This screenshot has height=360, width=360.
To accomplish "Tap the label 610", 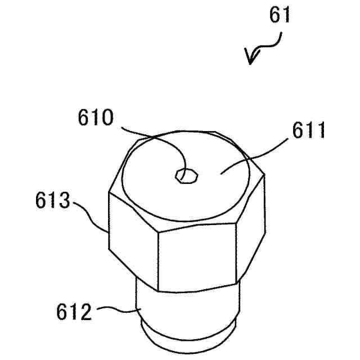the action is coord(96,119).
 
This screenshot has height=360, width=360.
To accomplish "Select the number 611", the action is coord(308,133).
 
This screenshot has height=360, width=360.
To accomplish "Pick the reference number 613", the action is coord(52,201).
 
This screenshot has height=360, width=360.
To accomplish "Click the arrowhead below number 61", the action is coord(251,57).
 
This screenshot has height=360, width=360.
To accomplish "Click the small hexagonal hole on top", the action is coord(186,175).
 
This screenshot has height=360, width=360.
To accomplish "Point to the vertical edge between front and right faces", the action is coord(236,253).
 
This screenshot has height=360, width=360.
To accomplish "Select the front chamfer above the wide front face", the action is coord(197,223).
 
